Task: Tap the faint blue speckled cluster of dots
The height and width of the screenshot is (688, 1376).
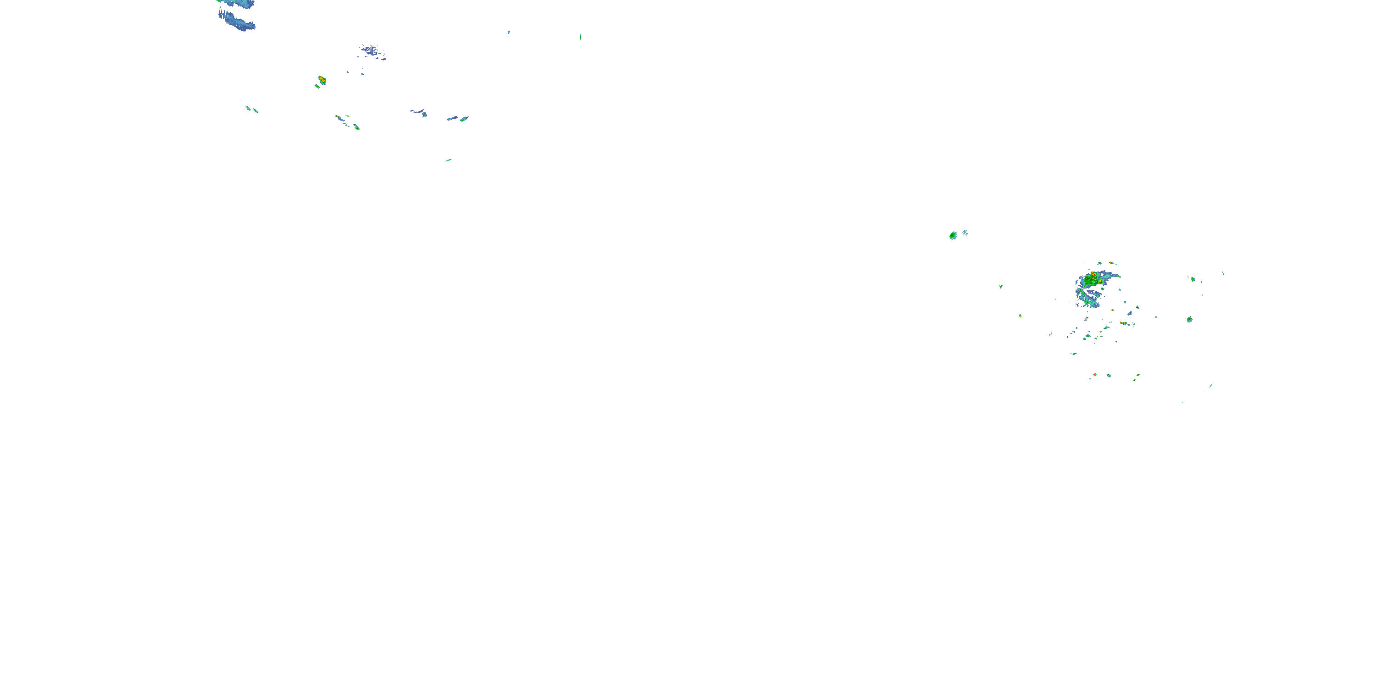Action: pos(372,52)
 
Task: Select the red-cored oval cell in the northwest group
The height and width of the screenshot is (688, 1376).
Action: pos(322,80)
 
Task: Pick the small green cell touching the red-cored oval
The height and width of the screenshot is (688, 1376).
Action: pos(317,86)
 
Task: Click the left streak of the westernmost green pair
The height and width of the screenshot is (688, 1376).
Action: pos(248,108)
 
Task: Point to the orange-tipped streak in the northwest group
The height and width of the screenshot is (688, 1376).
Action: pos(338,117)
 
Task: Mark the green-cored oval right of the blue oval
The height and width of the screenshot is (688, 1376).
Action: pos(464,119)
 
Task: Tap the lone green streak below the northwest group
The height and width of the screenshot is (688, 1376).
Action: pos(448,160)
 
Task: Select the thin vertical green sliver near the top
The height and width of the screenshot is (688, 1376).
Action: pos(580,37)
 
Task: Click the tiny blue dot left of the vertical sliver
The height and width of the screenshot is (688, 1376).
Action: pos(509,32)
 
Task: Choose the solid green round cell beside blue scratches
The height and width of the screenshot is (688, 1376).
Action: pos(953,235)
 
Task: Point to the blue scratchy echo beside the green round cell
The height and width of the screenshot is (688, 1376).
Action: pos(965,233)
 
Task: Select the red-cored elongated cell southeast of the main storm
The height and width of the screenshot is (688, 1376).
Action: pos(1123,323)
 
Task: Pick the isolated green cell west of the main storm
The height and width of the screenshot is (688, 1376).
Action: pos(1000,286)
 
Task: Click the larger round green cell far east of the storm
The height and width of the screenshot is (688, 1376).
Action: pos(1190,319)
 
